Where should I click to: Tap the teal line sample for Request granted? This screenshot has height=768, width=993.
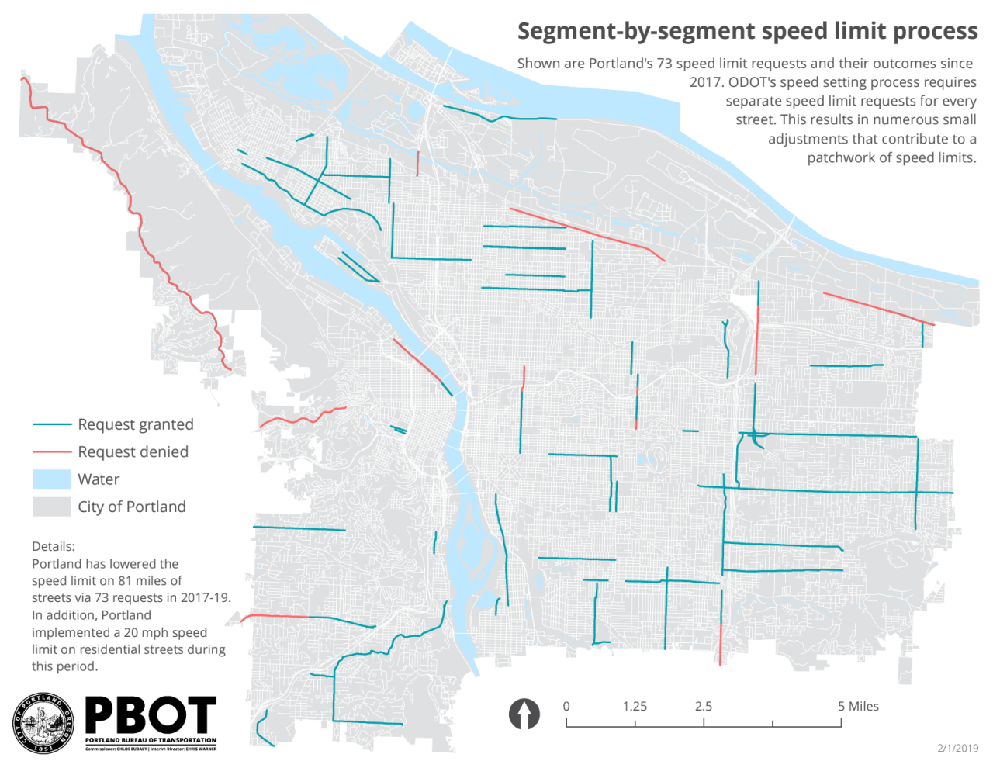coord(52,425)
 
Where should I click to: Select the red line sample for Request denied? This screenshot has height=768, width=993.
coord(52,452)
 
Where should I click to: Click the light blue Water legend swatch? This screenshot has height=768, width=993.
coord(52,479)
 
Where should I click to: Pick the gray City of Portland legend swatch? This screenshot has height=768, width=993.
coord(52,507)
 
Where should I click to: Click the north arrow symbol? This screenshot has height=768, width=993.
coord(524,714)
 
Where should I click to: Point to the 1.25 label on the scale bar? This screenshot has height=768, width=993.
coord(635,706)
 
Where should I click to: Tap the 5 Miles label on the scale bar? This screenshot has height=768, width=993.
coord(858,706)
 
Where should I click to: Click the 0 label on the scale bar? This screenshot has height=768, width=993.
coord(566,706)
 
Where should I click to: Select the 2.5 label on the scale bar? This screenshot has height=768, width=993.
coord(704,706)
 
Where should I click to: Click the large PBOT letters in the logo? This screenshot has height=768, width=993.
coord(151,715)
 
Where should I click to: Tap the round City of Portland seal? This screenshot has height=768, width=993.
coord(43,723)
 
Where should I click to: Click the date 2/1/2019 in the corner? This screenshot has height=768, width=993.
coord(957,748)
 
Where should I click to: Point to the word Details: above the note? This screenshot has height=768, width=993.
coord(54,546)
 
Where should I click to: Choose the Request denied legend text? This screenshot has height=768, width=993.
coord(133,451)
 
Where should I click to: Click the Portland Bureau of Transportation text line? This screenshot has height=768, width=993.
coord(151,740)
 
